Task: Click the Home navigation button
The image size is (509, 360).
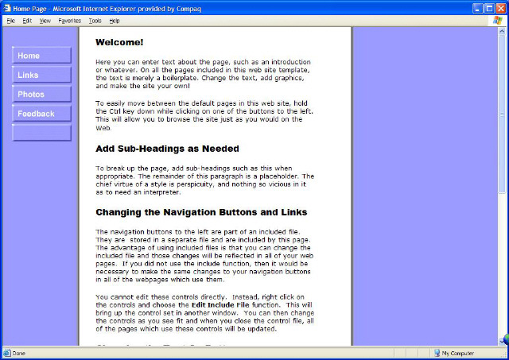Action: tap(41, 56)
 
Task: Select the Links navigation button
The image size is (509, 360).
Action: tap(41, 75)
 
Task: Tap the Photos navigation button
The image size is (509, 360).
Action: tap(41, 95)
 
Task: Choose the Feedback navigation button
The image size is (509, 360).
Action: tap(41, 114)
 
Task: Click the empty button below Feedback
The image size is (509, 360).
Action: tap(41, 133)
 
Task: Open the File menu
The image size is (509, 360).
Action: tap(10, 20)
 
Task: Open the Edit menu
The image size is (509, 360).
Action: tap(27, 20)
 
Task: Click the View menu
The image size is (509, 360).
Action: tap(45, 20)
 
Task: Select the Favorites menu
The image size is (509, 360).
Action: tap(69, 20)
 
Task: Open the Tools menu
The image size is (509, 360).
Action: tap(95, 20)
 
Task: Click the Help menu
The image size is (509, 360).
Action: tap(115, 20)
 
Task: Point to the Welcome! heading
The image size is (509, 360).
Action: tap(119, 42)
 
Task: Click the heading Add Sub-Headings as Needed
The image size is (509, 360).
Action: tap(167, 149)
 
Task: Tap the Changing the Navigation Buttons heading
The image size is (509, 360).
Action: tap(201, 212)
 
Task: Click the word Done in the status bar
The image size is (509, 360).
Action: tap(18, 353)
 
